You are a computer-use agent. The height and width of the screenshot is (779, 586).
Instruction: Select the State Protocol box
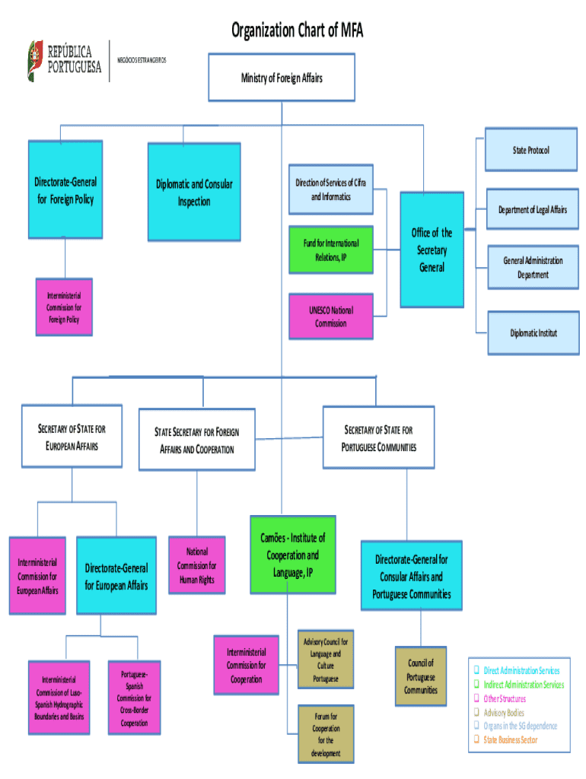point(530,150)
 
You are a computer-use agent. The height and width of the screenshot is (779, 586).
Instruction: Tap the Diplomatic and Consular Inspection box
point(194,192)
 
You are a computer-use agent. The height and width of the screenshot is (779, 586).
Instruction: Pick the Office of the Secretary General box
point(432,250)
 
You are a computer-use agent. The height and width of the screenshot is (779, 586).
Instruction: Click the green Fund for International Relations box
point(330,250)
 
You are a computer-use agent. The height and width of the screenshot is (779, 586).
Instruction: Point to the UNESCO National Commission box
point(330,316)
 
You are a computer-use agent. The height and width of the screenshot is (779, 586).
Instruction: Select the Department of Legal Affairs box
point(532,210)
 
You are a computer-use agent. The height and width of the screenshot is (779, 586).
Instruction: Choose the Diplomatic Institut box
point(533,333)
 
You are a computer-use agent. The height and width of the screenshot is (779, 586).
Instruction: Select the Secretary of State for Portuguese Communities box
point(379,438)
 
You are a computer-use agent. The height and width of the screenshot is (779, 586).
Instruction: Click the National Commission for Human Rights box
point(196,565)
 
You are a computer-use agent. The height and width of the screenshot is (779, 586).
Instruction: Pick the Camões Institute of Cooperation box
point(292,555)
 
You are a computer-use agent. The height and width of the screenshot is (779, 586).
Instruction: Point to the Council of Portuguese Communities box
point(420,676)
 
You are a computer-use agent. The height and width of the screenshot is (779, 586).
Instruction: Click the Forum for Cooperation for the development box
point(326,734)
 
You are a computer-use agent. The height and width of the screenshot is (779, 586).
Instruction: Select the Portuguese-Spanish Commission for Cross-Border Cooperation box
point(134,698)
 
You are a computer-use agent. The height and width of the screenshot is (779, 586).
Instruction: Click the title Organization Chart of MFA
point(298,31)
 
